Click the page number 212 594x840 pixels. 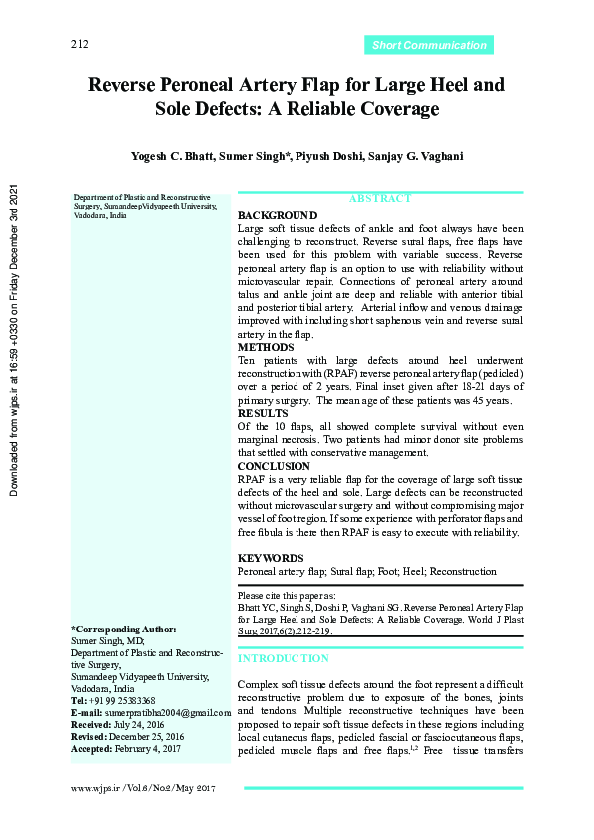(80, 45)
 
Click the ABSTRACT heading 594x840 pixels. (379, 199)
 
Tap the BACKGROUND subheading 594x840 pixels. (278, 215)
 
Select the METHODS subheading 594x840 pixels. (266, 347)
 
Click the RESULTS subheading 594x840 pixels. (264, 413)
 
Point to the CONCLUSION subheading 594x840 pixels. (274, 466)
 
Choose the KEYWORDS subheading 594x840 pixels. (270, 558)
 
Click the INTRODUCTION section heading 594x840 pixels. (283, 658)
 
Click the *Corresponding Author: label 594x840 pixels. (123, 630)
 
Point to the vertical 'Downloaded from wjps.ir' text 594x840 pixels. (14, 338)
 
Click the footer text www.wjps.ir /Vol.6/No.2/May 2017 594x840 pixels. (143, 788)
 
